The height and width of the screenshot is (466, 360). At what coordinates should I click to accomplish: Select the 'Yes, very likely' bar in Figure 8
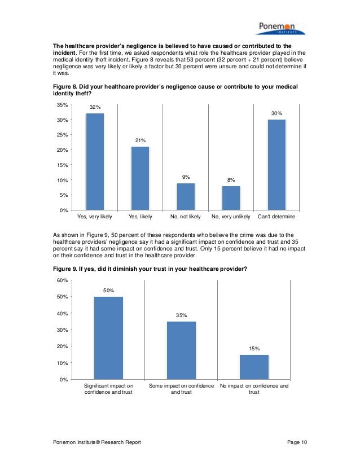click(x=95, y=161)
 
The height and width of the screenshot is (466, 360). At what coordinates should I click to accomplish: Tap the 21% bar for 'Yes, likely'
click(x=141, y=178)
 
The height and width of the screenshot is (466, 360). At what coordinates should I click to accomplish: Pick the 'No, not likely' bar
click(x=186, y=196)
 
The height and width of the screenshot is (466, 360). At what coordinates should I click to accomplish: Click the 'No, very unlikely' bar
click(x=231, y=197)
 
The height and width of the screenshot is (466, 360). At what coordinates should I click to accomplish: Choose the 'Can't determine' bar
click(x=276, y=164)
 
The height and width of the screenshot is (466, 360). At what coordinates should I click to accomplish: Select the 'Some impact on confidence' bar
click(x=181, y=350)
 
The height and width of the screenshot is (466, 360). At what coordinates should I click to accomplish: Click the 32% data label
click(x=95, y=107)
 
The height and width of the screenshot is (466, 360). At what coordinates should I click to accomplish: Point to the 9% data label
click(x=186, y=177)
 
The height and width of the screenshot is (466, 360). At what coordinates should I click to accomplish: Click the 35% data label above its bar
click(x=181, y=315)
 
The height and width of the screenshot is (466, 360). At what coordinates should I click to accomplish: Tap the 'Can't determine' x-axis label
click(x=276, y=217)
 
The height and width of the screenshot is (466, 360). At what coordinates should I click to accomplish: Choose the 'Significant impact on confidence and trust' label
click(x=108, y=389)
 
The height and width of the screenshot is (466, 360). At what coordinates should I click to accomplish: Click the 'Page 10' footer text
click(x=297, y=442)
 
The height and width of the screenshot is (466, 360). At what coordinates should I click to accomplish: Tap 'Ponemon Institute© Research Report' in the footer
click(x=96, y=442)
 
